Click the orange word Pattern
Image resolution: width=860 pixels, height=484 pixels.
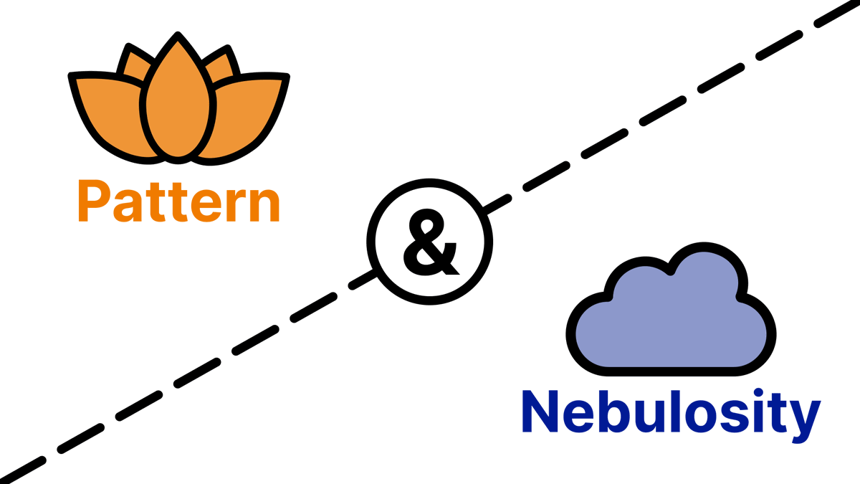179,201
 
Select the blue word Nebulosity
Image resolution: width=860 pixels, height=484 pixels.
671,416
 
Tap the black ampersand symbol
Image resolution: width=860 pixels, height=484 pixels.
431,242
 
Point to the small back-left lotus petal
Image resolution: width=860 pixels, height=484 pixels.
135,63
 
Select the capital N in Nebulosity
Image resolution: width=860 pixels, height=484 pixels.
540,412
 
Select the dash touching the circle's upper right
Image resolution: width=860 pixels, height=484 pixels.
497,204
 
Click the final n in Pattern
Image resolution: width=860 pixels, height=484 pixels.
264,205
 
